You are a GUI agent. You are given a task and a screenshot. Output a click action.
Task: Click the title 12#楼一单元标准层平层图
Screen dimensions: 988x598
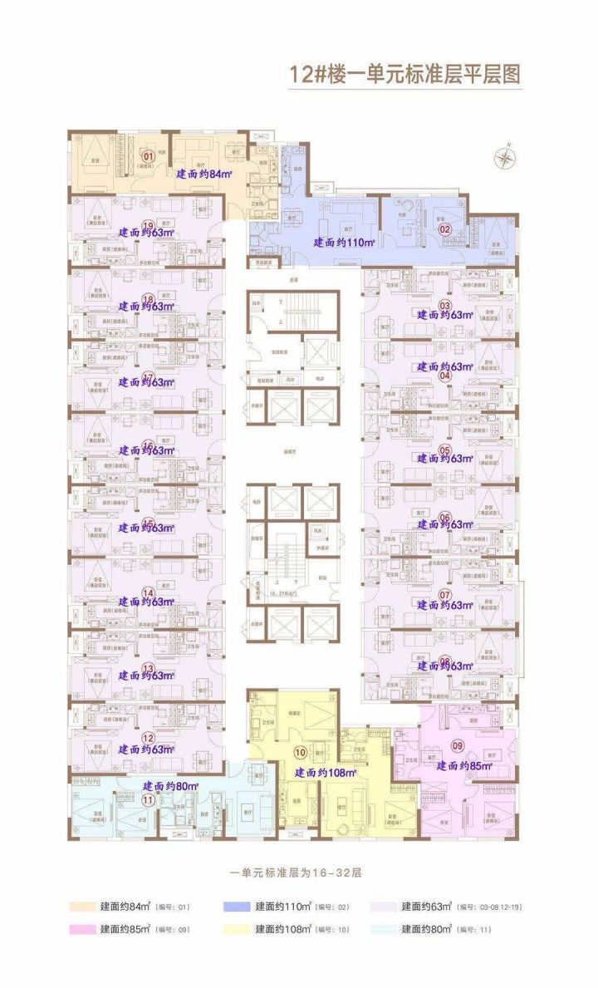pyautogui.click(x=404, y=74)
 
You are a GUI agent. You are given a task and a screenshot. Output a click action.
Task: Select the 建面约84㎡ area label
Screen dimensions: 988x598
pyautogui.click(x=204, y=174)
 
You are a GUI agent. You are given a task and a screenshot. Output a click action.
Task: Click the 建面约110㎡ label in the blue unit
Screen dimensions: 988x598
pyautogui.click(x=345, y=243)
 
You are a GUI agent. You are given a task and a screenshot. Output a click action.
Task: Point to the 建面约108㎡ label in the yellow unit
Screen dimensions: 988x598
pyautogui.click(x=326, y=773)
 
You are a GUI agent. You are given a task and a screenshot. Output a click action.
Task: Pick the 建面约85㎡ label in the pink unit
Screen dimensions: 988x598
pyautogui.click(x=465, y=766)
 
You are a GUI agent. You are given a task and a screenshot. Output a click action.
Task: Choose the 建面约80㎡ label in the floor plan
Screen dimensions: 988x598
pyautogui.click(x=170, y=785)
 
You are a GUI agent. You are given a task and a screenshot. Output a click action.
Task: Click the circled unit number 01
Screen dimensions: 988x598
pyautogui.click(x=149, y=155)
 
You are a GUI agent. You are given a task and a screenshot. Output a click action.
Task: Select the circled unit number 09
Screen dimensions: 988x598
pyautogui.click(x=457, y=745)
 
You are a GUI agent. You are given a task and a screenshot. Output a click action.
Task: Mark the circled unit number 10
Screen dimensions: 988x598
pyautogui.click(x=301, y=752)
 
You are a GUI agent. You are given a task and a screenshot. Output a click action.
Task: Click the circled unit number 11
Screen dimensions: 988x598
pyautogui.click(x=149, y=800)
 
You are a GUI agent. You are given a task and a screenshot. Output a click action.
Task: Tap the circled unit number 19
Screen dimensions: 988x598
pyautogui.click(x=149, y=225)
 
